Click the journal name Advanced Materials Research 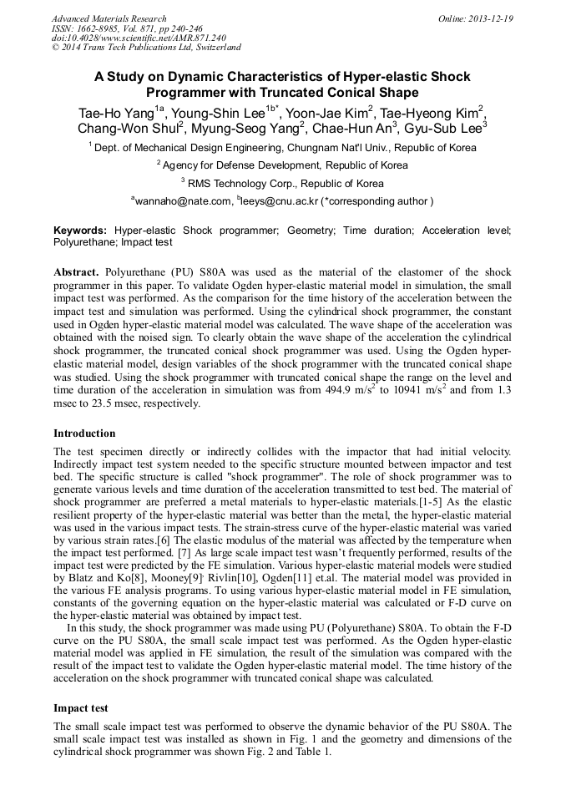pos(109,18)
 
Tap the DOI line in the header pos(139,38)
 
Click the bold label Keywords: pos(80,230)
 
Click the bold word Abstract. pos(77,273)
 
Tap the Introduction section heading pos(84,433)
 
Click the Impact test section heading pos(81,707)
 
